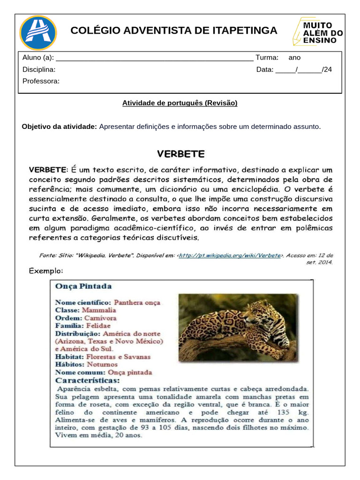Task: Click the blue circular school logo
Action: coord(38,33)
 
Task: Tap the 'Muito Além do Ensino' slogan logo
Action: coord(318,32)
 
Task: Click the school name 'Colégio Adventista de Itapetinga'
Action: coord(174,31)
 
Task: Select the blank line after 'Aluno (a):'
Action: coord(154,58)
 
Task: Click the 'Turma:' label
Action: coord(267,58)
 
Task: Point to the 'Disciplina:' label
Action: coord(39,69)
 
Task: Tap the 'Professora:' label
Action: coord(41,81)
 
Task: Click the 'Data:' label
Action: coord(265,69)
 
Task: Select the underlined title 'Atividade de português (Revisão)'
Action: coord(180,103)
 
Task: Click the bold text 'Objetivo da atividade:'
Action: coord(60,127)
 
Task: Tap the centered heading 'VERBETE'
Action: coord(180,154)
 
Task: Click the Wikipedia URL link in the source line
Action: coord(230,255)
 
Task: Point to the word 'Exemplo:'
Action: coord(46,270)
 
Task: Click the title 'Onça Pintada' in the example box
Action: coord(83,286)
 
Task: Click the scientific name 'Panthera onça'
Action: coord(137,302)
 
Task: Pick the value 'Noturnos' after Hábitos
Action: coord(102,364)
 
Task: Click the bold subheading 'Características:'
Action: coord(88,380)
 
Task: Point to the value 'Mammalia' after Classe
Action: coord(99,310)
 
